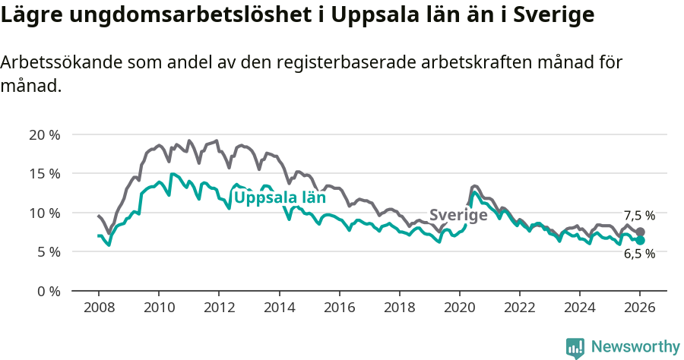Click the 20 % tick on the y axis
tap(44, 134)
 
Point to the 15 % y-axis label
tap(44, 174)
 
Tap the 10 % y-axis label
tap(44, 213)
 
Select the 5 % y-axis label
tap(47, 252)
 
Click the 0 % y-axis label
tap(47, 291)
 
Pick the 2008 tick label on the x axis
tap(99, 308)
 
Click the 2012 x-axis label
tap(219, 308)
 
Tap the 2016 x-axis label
tap(339, 308)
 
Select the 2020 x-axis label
tap(459, 308)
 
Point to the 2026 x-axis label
tap(640, 308)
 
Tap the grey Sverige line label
tap(458, 215)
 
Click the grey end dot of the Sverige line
tap(640, 232)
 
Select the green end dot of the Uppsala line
tap(640, 241)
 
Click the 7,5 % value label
tap(639, 216)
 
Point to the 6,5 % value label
tap(639, 254)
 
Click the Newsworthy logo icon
tap(575, 347)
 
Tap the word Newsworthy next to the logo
tap(635, 347)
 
